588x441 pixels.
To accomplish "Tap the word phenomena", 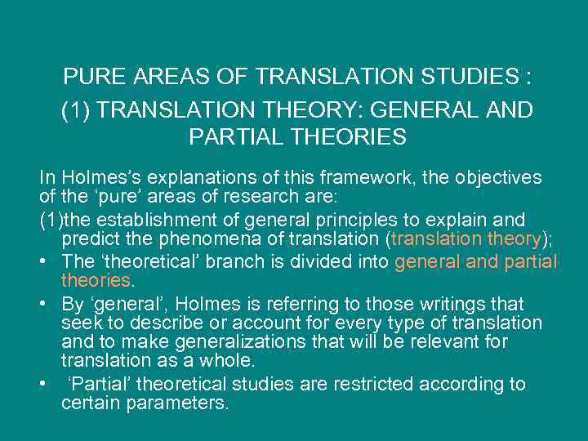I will (200, 240).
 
